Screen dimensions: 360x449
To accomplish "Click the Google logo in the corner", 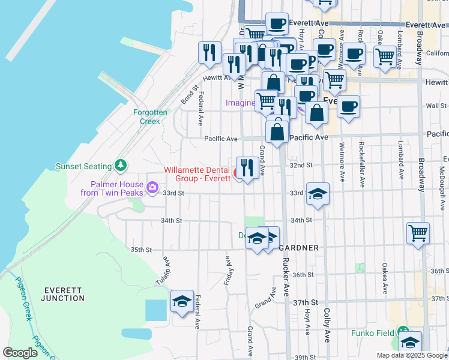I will [x=20, y=353].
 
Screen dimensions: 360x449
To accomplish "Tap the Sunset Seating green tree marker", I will [x=121, y=165].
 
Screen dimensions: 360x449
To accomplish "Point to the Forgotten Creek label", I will [x=146, y=116].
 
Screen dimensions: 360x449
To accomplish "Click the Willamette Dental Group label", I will [x=197, y=174].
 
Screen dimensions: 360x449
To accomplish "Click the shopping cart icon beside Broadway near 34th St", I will [x=418, y=233].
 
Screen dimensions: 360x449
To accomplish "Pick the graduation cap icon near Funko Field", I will [x=410, y=342].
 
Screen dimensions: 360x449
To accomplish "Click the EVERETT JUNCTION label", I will [x=64, y=294].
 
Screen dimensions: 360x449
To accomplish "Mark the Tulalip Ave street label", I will [x=167, y=265].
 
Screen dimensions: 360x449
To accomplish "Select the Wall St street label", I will [x=436, y=106].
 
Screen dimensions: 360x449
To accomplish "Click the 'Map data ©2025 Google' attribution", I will [x=412, y=355].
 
